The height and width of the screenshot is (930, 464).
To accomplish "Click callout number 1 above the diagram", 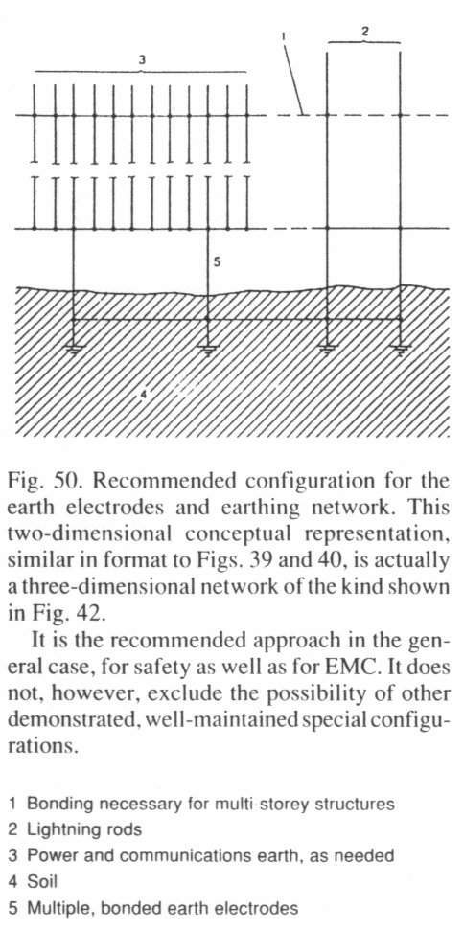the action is click(x=284, y=36).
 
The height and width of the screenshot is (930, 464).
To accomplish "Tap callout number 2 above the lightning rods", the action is click(x=364, y=32).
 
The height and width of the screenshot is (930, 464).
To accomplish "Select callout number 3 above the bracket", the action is click(x=142, y=60).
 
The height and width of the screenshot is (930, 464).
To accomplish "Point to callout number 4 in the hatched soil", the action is click(x=144, y=394).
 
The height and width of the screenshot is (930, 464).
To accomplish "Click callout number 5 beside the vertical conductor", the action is click(x=218, y=261).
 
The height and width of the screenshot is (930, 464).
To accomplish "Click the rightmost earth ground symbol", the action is click(x=401, y=349).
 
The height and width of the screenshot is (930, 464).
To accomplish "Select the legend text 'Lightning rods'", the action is click(x=85, y=829).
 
